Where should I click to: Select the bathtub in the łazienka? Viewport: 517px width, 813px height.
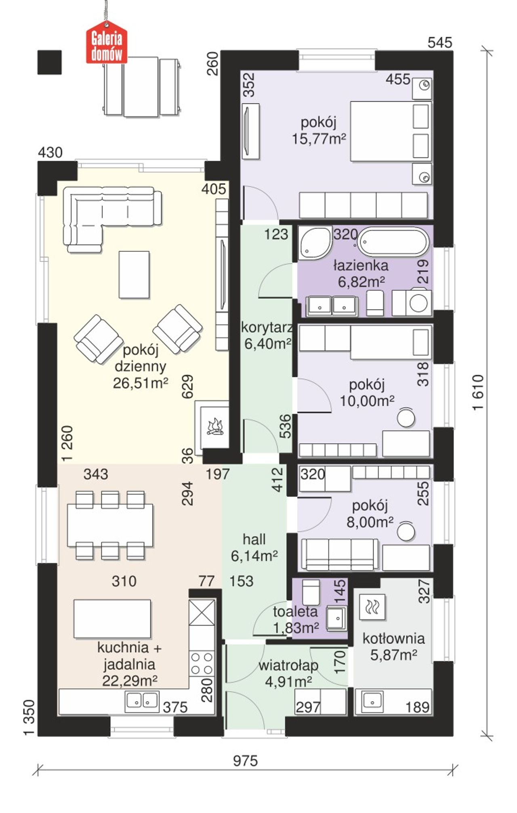click(393, 242)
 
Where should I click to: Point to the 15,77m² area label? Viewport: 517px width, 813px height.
click(319, 139)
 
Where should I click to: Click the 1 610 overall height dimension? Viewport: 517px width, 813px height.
click(478, 392)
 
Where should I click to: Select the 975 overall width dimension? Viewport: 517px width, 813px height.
click(245, 761)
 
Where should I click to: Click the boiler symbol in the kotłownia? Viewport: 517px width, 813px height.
click(372, 607)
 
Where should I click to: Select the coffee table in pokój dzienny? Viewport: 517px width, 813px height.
click(134, 274)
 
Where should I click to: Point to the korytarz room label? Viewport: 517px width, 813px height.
click(267, 327)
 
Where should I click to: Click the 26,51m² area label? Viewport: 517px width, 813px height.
click(140, 383)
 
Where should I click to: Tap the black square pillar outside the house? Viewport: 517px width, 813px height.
click(50, 62)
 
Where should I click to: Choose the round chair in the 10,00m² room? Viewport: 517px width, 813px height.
click(406, 417)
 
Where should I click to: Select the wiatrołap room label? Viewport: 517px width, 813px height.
click(288, 665)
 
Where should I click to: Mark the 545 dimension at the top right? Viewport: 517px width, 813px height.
click(440, 42)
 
